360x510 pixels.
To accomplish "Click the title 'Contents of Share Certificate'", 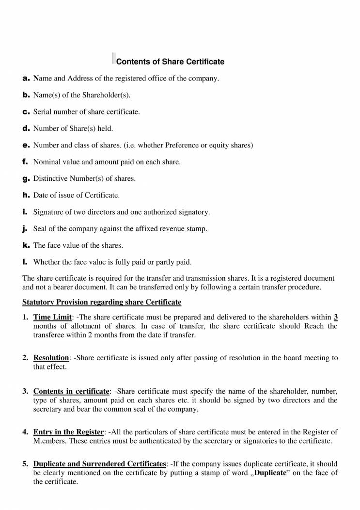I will pyautogui.click(x=170, y=62).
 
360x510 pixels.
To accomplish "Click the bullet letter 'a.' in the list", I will pyautogui.click(x=26, y=78).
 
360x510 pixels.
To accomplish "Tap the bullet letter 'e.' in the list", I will pyautogui.click(x=26, y=145).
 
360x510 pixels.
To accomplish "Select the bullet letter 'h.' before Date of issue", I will pyautogui.click(x=26, y=195).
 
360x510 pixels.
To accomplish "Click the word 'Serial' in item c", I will pyautogui.click(x=42, y=112).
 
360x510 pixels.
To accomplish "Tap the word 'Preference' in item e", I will pyautogui.click(x=182, y=145).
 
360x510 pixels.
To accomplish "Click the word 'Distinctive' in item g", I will pyautogui.click(x=50, y=178).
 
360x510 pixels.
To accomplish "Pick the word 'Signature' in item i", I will pyautogui.click(x=47, y=212).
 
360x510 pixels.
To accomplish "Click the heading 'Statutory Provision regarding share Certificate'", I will pyautogui.click(x=102, y=303).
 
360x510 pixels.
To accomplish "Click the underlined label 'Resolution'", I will pyautogui.click(x=51, y=358).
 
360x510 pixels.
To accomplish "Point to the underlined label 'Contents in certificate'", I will pyautogui.click(x=71, y=391).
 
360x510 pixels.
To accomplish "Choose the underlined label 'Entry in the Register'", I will pyautogui.click(x=68, y=432).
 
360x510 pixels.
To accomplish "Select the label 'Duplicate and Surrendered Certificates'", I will pyautogui.click(x=99, y=464).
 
